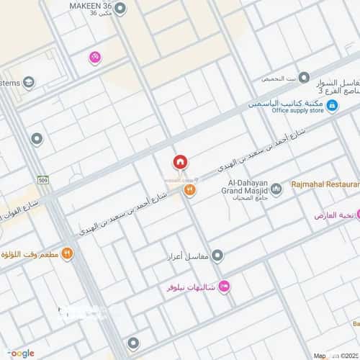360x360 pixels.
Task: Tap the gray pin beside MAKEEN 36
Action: (120, 9)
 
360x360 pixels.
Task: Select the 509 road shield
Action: (44, 181)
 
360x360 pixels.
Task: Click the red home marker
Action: (179, 162)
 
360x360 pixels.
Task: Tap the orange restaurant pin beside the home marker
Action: (189, 189)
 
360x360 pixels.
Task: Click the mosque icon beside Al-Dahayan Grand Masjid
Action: (276, 189)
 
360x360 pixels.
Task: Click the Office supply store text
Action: (297, 110)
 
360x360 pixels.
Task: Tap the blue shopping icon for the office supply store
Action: (332, 106)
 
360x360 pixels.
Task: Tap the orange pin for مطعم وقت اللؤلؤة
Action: (66, 253)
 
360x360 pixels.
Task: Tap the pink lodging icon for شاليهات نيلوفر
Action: (224, 287)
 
